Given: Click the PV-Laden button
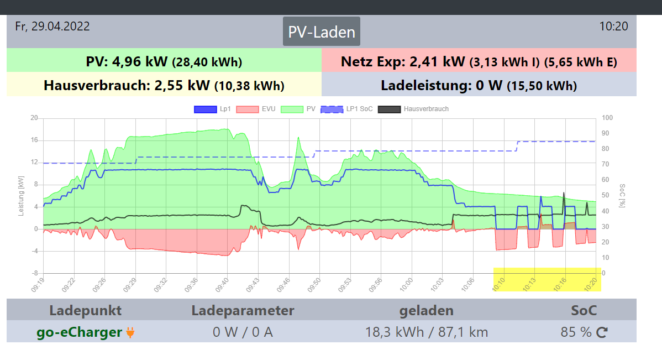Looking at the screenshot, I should tap(322, 32).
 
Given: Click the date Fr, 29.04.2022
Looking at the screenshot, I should tap(52, 27).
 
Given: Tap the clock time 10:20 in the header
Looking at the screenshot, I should tap(613, 27).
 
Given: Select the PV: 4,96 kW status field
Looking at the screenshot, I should tap(164, 61).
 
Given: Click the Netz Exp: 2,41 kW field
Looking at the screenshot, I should tap(479, 61).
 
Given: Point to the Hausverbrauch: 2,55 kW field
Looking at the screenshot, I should tap(164, 85).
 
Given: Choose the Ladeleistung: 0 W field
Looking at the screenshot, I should tap(479, 85).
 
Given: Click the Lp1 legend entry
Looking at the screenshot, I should tap(213, 109).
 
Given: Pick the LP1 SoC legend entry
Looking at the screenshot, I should tap(346, 109).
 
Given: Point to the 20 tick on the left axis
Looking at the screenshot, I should tap(34, 118).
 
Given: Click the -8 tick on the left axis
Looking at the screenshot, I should tap(34, 273).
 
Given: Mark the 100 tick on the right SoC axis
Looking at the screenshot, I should tap(607, 118).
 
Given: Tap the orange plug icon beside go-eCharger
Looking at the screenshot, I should tap(130, 332).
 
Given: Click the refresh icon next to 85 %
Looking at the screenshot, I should tap(602, 332).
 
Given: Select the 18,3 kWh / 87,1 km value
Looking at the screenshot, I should tap(427, 332).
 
